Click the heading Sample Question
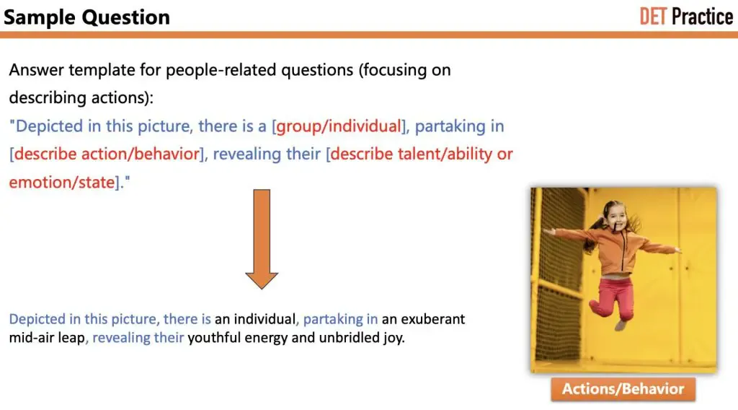[86, 17]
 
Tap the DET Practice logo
[685, 16]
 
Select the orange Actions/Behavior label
[623, 389]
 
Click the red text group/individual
[338, 126]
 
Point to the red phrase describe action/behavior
[106, 154]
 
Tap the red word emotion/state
[61, 182]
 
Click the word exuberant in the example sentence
[432, 319]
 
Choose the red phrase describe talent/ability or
[422, 154]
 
